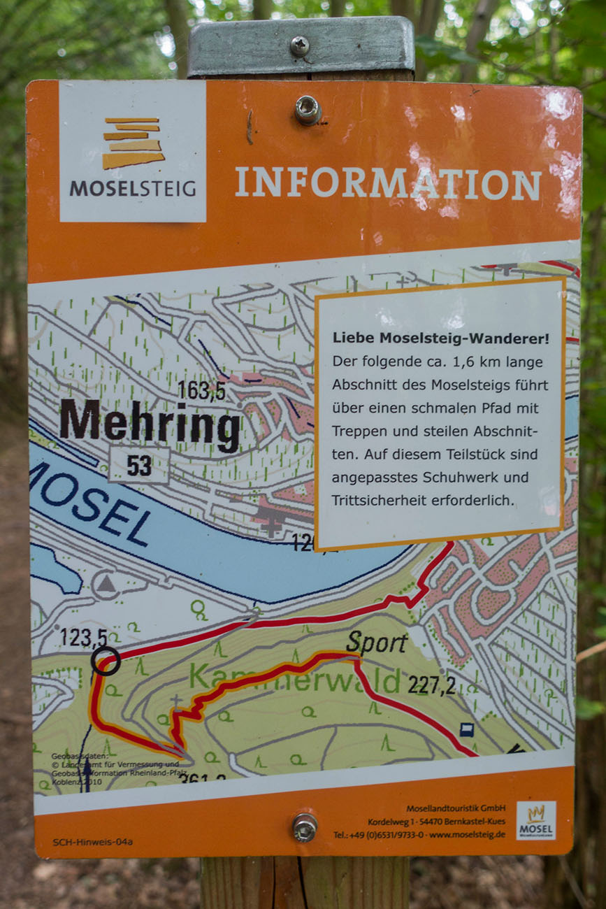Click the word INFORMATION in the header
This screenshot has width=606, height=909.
[x=388, y=183]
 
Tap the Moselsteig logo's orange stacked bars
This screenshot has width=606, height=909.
[x=133, y=143]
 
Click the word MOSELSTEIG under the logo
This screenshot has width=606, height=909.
[x=133, y=189]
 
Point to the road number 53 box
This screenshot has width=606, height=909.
[x=139, y=466]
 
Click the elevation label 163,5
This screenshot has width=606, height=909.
[x=201, y=390]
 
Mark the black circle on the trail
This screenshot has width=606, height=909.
[x=106, y=661]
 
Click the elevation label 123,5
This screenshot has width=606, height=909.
[x=83, y=638]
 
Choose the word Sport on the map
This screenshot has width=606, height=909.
[x=376, y=642]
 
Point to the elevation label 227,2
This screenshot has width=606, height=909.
[x=431, y=685]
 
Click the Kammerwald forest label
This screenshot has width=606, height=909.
[x=294, y=677]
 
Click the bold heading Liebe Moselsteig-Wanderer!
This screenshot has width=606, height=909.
[x=440, y=338]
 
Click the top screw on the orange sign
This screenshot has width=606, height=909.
[x=307, y=110]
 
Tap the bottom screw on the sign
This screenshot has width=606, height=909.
[x=305, y=827]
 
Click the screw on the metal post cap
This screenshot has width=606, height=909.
[x=300, y=46]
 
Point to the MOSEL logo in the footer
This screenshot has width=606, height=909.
[x=536, y=820]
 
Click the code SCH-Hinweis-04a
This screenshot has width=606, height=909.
[x=92, y=842]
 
